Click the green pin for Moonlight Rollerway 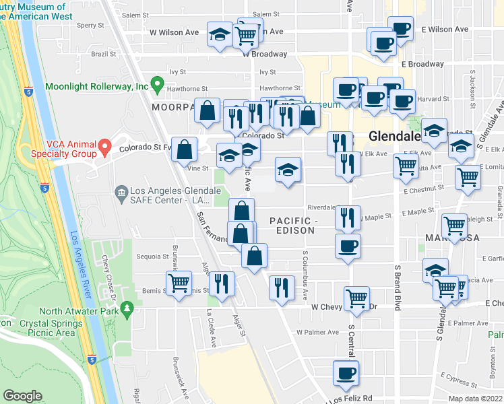point(157,86)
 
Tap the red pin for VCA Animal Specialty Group point(104,146)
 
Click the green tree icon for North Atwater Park point(127,310)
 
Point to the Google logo point(22,395)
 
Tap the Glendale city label point(394,136)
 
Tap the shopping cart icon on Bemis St point(179,282)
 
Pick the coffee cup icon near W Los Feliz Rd point(347,372)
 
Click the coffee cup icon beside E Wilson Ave point(401,28)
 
